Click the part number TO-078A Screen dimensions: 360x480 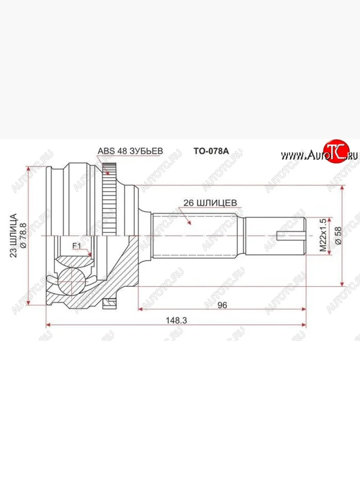tap(211, 151)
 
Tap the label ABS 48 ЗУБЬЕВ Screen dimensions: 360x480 tap(130, 151)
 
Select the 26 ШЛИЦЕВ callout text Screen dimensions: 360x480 tap(210, 203)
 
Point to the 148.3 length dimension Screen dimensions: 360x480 tap(176, 320)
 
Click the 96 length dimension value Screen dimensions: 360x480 tap(222, 305)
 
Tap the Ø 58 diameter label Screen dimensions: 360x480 tap(338, 236)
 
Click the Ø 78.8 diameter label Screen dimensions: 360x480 tap(23, 235)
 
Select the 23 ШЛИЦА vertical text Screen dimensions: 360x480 tap(13, 235)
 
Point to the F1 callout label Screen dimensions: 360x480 tap(77, 246)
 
